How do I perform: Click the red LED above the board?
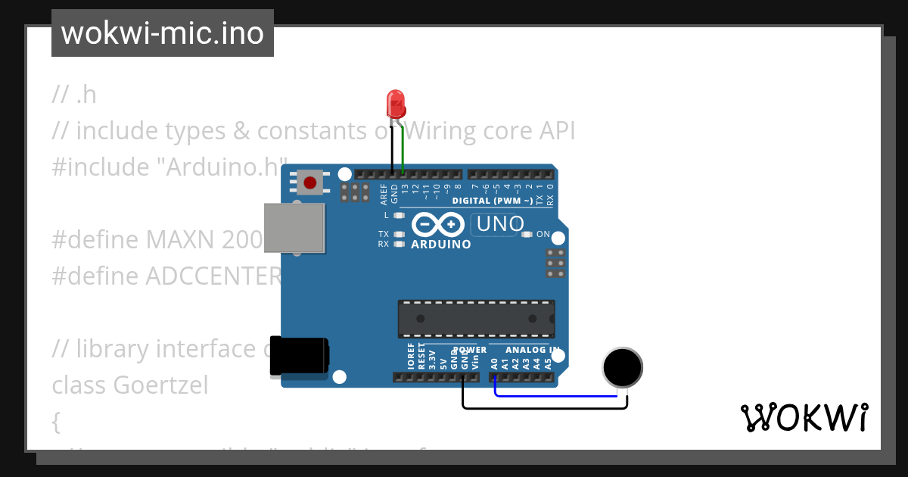point(395,101)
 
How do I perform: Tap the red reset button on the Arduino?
point(309,182)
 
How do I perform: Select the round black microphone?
point(622,367)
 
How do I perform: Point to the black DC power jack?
point(299,356)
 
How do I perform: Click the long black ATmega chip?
point(476,318)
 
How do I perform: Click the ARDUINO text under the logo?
point(440,245)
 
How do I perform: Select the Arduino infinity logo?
point(437,225)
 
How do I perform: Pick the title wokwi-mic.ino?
point(162,33)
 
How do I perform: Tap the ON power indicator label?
point(543,235)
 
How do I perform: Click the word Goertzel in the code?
point(160,385)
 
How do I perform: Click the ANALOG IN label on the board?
point(533,350)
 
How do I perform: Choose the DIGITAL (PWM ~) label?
point(492,201)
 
